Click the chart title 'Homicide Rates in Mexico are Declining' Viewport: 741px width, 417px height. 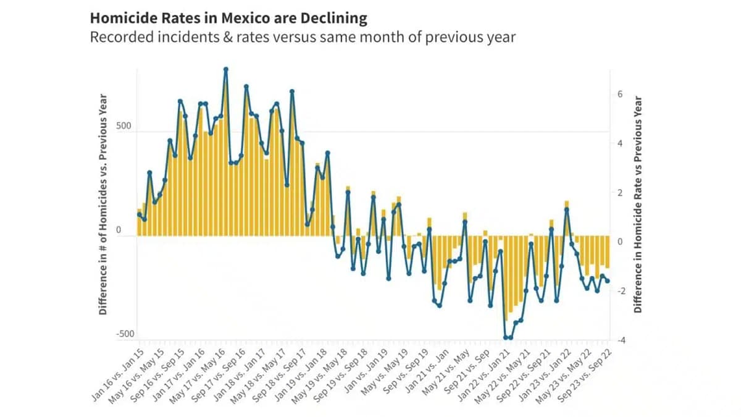(x=228, y=18)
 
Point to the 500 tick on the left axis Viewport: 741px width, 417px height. (x=125, y=127)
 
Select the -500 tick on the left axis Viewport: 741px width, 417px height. (x=125, y=334)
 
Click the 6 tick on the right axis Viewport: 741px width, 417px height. (x=619, y=95)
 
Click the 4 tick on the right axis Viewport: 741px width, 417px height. (x=619, y=143)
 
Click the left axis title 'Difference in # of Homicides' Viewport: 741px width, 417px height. (x=104, y=204)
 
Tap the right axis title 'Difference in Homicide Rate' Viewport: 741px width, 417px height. (x=638, y=204)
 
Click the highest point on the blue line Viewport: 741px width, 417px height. (x=226, y=70)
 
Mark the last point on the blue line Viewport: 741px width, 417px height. (x=608, y=281)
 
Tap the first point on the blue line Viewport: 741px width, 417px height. (x=139, y=214)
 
